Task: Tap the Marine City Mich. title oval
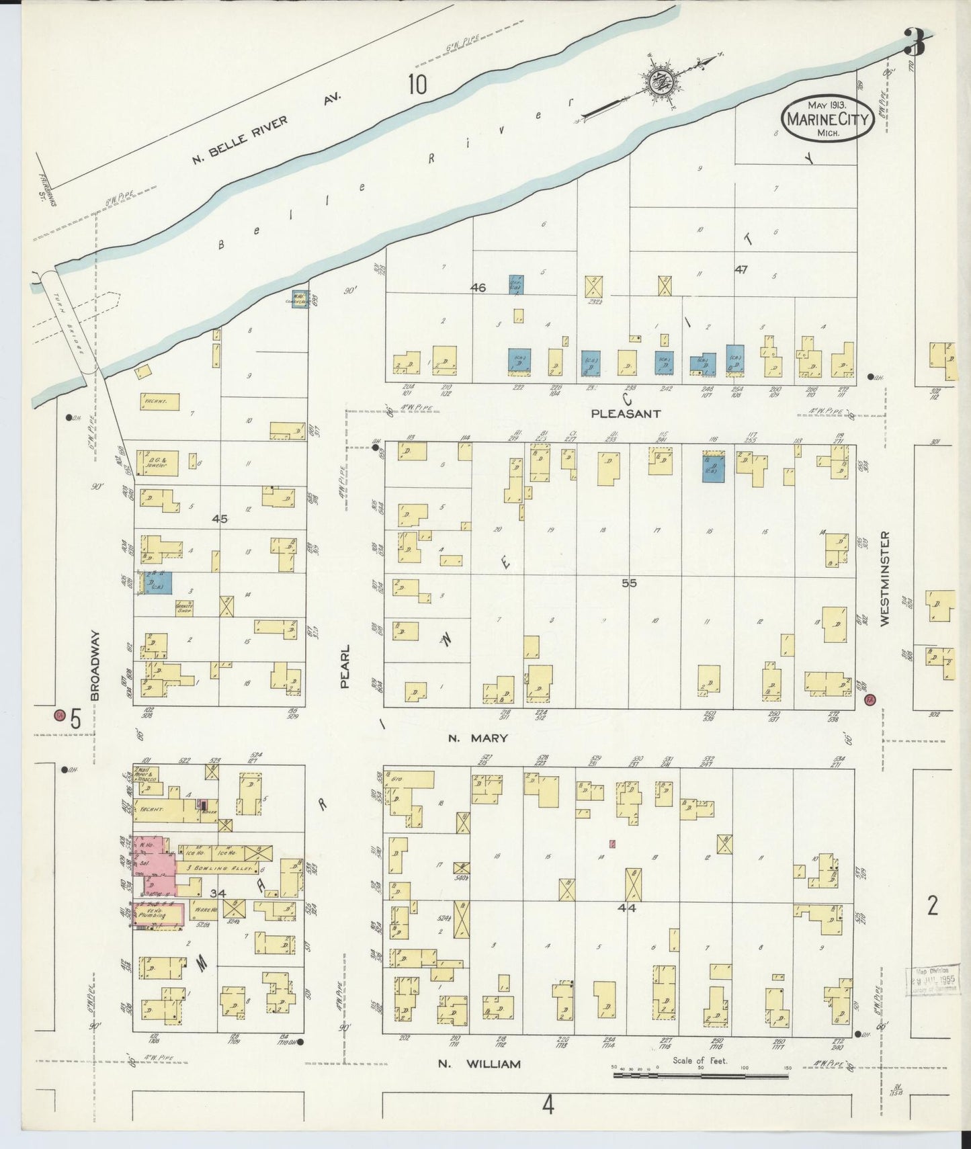[827, 120]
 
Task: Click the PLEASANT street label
[626, 414]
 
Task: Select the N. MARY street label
[478, 738]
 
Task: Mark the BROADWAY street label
[95, 665]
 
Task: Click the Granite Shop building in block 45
[184, 609]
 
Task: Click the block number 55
[628, 583]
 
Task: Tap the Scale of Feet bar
[700, 1076]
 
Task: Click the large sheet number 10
[417, 85]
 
